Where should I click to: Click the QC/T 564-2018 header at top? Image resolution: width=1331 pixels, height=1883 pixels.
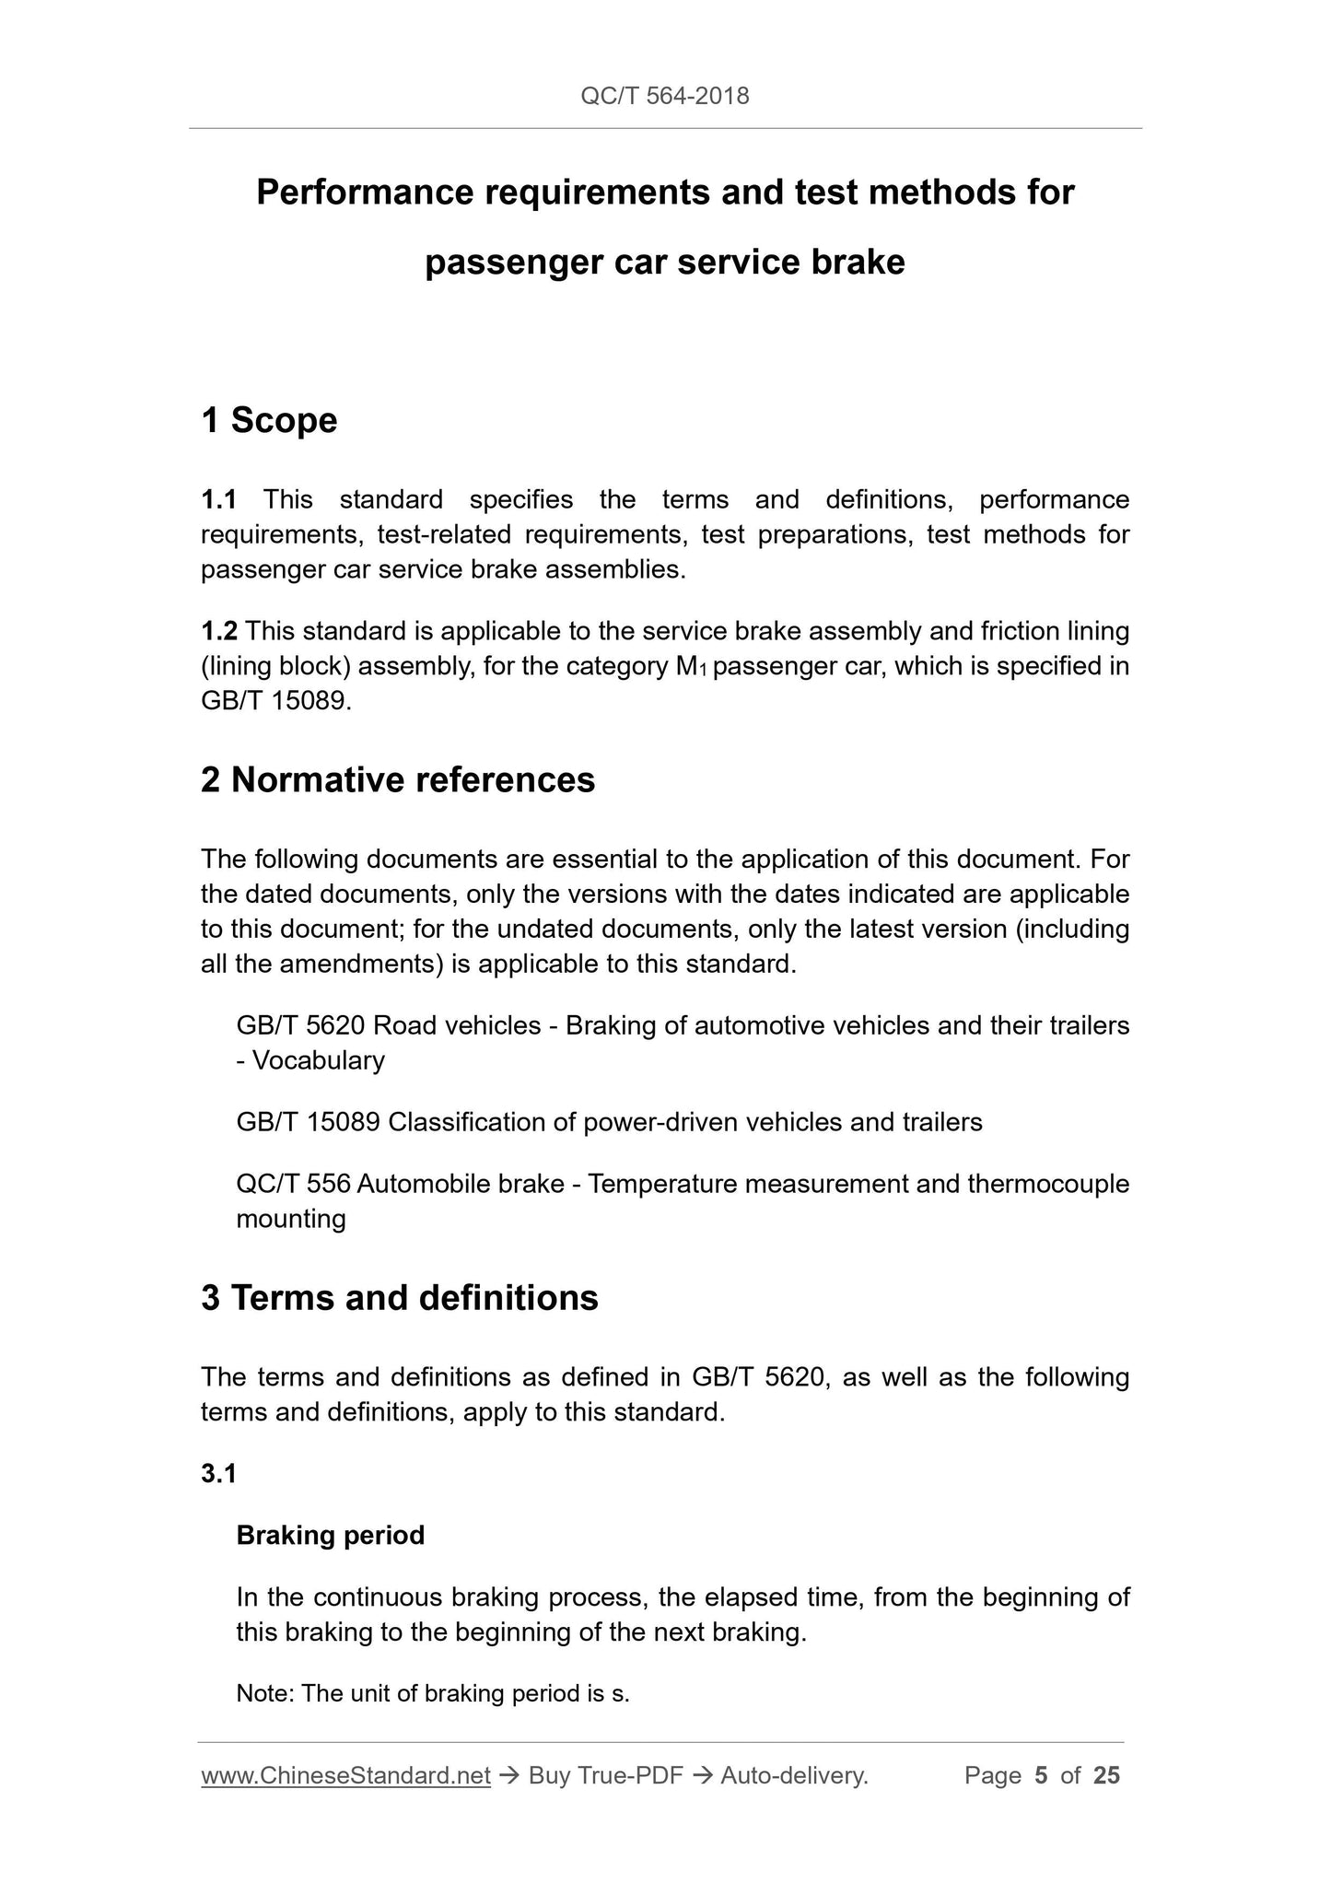click(x=664, y=96)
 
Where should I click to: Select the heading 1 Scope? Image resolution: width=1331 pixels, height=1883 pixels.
click(x=269, y=420)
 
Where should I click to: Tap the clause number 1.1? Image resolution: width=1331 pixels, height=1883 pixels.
click(x=219, y=499)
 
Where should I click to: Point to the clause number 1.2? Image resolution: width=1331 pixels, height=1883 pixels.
click(x=219, y=631)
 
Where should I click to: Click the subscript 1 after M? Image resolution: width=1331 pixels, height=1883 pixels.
click(x=703, y=671)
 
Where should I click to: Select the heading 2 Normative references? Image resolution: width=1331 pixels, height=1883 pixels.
click(x=398, y=779)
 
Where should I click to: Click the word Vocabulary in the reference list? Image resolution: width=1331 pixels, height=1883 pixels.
click(x=319, y=1060)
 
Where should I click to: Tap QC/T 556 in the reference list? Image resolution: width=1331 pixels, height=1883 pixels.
click(x=293, y=1184)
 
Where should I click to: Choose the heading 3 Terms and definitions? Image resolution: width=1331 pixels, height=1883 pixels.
click(x=400, y=1297)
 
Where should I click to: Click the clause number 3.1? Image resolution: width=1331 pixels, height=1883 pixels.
click(x=219, y=1474)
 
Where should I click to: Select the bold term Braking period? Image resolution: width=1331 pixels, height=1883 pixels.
click(x=330, y=1535)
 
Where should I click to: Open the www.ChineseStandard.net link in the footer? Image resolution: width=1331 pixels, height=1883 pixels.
click(x=345, y=1775)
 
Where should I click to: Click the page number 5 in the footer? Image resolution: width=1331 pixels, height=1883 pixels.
click(x=1041, y=1775)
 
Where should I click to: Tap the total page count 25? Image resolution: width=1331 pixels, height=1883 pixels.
click(x=1106, y=1775)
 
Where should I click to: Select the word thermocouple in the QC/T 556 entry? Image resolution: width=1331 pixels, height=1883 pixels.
click(x=1048, y=1184)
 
